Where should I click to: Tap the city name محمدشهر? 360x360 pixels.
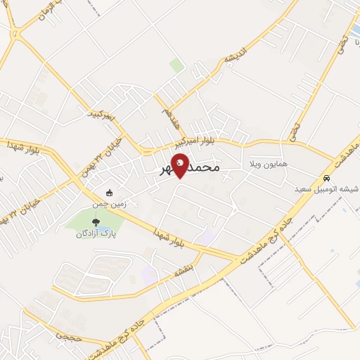[190, 169]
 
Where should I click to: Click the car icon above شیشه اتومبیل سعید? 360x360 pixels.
[328, 177]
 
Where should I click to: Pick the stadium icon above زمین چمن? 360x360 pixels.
[108, 193]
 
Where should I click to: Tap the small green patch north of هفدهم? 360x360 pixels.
[176, 65]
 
